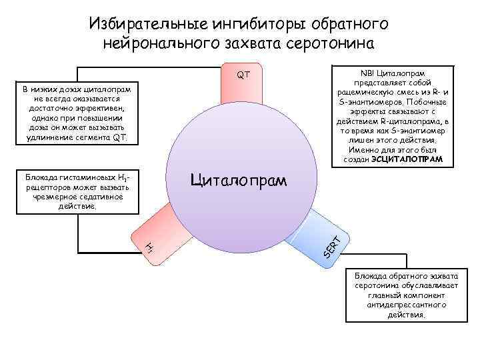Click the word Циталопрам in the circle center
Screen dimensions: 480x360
click(239, 180)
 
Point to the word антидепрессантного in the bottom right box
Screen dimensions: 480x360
click(405, 305)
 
